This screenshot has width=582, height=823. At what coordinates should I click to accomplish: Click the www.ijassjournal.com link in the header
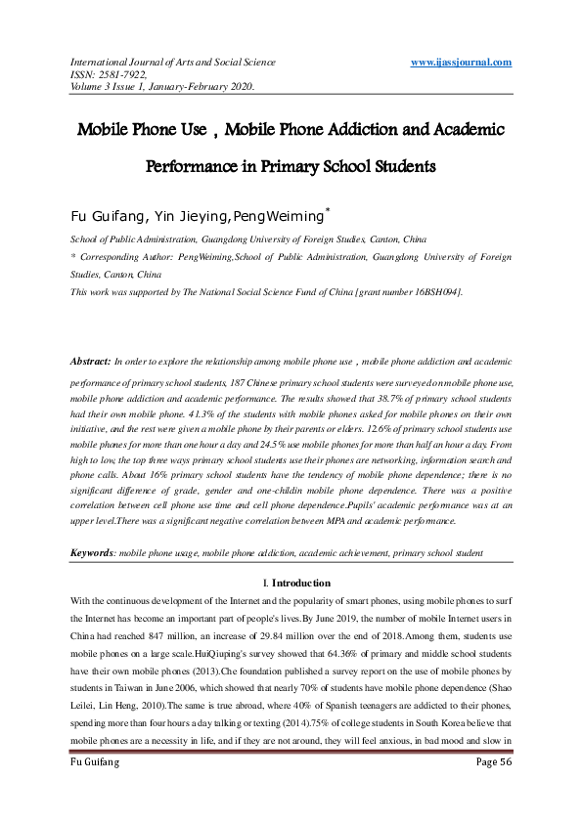pos(462,63)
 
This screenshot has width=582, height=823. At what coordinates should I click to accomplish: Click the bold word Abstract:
pos(90,362)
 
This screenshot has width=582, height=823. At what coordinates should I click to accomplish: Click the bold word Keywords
pos(92,554)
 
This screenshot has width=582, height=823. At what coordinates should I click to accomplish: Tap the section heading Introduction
pos(301,583)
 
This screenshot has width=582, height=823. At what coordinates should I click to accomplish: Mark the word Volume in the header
pos(86,86)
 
